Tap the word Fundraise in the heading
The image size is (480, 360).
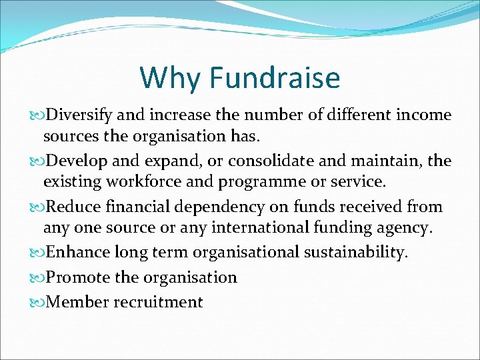[275, 78]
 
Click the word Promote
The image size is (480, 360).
[78, 277]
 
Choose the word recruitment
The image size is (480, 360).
[158, 302]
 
